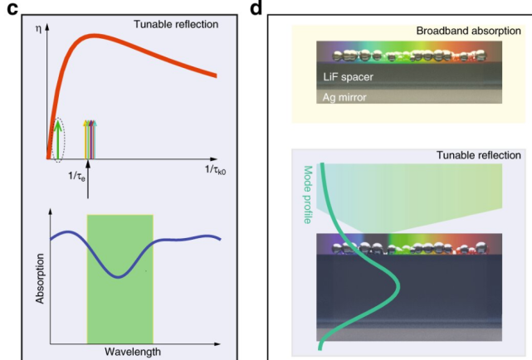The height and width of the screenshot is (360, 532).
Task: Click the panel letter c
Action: tap(12, 9)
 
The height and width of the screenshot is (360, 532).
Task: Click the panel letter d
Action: tap(256, 7)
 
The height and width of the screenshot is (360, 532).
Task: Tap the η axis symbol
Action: tap(38, 28)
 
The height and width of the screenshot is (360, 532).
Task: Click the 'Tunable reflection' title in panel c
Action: tap(176, 24)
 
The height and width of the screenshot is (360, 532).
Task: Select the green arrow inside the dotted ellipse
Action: tap(58, 139)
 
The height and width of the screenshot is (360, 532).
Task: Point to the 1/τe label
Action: tap(76, 176)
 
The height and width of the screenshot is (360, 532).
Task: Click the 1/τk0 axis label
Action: tap(215, 169)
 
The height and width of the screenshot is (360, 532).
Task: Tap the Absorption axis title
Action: tap(40, 279)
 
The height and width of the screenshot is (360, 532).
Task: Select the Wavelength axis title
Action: tap(133, 352)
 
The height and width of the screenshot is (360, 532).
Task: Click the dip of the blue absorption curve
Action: tap(119, 276)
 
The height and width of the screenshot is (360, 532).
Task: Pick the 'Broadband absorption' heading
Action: tap(469, 31)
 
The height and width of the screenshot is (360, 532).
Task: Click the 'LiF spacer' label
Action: tap(348, 77)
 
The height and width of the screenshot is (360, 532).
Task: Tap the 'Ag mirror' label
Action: tap(344, 98)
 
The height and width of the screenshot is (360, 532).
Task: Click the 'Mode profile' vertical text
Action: tap(307, 195)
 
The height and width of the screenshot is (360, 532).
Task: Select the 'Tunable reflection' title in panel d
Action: tap(478, 155)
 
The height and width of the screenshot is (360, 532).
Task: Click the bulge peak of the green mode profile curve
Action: tap(398, 287)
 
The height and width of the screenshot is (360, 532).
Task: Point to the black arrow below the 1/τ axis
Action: tap(88, 178)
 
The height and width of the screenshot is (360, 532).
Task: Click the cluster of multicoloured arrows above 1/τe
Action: tap(90, 139)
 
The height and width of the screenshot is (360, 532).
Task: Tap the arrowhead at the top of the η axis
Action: tap(47, 26)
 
